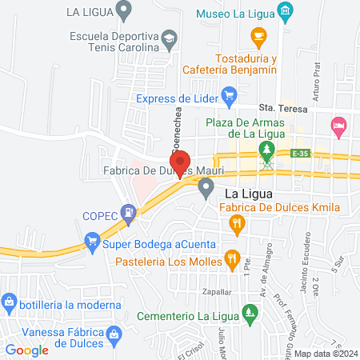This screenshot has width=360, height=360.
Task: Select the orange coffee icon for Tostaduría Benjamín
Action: [x=258, y=35]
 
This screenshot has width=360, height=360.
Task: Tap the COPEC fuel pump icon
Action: [x=128, y=214]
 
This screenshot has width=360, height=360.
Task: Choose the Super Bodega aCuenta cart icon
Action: [x=93, y=239]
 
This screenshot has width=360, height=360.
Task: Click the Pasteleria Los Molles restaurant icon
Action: [x=232, y=258]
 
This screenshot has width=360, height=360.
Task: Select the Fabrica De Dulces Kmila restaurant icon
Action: [x=236, y=226]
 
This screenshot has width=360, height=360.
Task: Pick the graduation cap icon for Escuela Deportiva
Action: [x=169, y=37]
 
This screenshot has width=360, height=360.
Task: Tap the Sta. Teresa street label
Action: [x=277, y=106]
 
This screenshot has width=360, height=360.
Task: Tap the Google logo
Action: [x=27, y=350]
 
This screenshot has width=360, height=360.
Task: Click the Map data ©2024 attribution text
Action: [x=325, y=353]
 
